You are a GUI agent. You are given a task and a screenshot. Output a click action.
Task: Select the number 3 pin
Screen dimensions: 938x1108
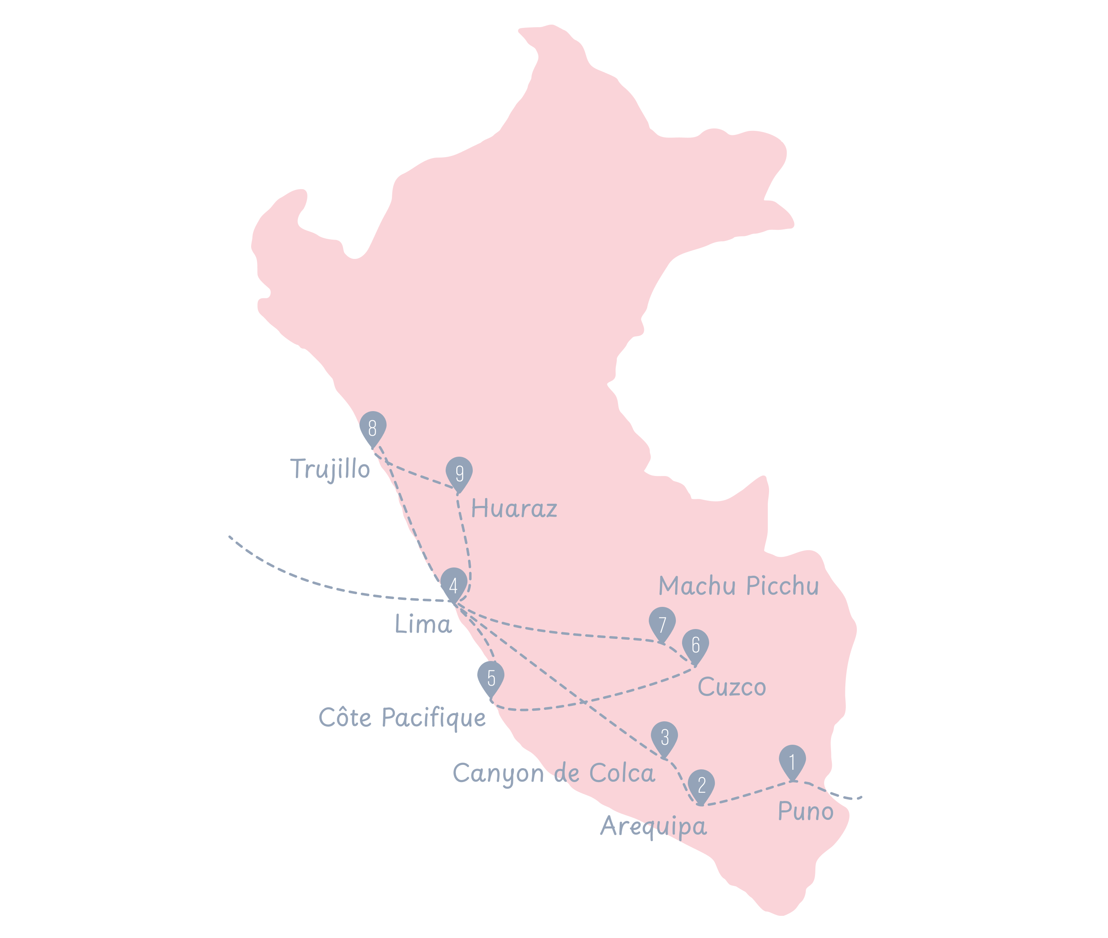[664, 737]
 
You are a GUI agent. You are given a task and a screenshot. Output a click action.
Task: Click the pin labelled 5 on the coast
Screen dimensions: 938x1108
[491, 677]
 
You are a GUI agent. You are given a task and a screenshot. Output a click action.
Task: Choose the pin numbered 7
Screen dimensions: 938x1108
[662, 623]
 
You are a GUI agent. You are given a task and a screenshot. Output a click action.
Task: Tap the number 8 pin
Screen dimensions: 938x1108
[373, 428]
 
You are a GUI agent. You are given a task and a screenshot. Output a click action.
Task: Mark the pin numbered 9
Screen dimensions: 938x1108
[459, 473]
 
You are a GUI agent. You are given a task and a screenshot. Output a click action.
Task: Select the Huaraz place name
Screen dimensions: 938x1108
[514, 508]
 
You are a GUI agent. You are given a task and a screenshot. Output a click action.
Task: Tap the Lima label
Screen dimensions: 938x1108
[423, 624]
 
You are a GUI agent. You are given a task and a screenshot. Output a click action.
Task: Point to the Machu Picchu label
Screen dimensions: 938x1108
[739, 586]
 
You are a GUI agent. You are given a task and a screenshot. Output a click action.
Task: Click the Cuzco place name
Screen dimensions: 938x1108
[732, 686]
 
